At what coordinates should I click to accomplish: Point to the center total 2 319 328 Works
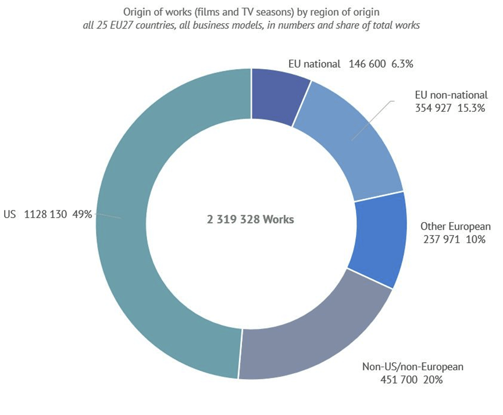(251, 220)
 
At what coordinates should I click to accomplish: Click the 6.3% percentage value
(402, 65)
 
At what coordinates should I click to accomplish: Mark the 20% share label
(433, 380)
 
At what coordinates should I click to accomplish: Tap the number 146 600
(368, 65)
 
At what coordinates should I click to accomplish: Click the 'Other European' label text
(455, 226)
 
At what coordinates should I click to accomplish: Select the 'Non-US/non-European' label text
(413, 367)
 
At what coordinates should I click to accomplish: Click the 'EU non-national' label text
(451, 95)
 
